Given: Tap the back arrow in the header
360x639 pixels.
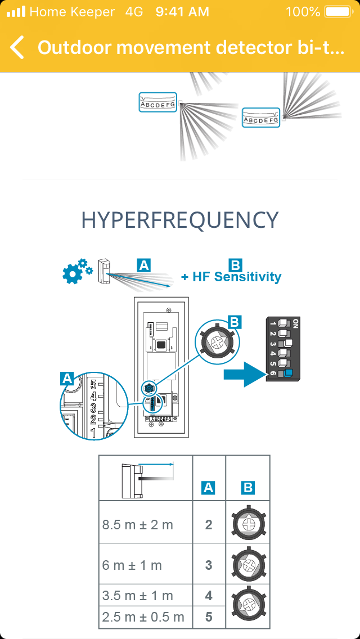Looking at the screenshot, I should [17, 47].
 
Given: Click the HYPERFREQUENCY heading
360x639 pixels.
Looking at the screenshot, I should [180, 220].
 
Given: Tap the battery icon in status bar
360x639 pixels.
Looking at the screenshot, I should [337, 12].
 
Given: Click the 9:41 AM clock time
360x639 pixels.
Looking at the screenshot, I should [182, 12].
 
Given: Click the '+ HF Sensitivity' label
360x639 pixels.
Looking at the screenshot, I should [231, 277].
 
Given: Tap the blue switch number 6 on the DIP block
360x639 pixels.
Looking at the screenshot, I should [289, 372].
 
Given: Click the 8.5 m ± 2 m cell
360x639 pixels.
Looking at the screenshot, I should [138, 525].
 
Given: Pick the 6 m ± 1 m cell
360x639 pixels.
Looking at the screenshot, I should [132, 565].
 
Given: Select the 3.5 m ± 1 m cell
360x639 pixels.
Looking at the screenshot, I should [138, 596].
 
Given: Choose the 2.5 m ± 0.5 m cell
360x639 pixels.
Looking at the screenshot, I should [143, 617].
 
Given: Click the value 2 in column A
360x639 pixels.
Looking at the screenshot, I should [209, 525].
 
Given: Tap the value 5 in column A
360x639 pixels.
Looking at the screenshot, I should [209, 617].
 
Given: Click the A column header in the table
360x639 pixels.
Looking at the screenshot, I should [209, 488].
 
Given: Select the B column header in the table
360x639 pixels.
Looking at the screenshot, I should [248, 488].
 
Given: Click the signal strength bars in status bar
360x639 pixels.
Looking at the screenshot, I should [16, 12].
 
